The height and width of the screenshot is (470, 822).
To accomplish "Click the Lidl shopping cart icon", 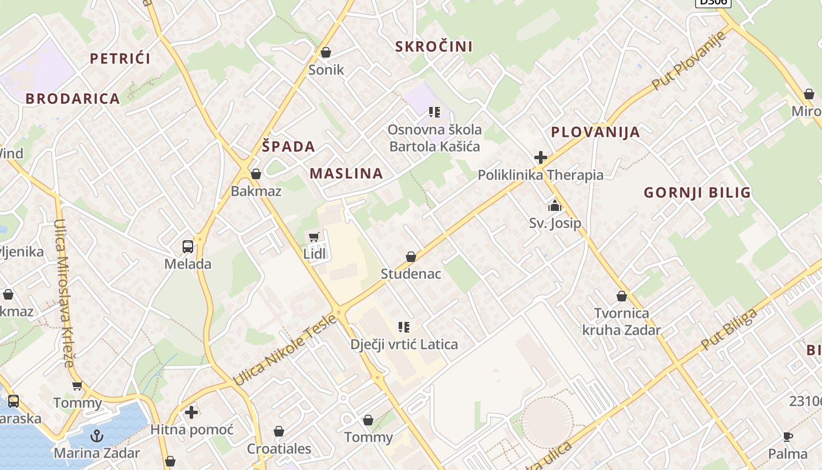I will pyautogui.click(x=314, y=237).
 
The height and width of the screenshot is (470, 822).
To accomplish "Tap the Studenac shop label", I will pyautogui.click(x=411, y=274).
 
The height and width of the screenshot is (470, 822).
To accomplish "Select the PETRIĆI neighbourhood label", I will pyautogui.click(x=120, y=58).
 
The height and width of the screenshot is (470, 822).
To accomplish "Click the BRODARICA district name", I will pyautogui.click(x=73, y=99).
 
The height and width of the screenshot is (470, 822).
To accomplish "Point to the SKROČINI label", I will pyautogui.click(x=434, y=46).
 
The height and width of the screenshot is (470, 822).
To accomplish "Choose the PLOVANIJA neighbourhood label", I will pyautogui.click(x=595, y=132).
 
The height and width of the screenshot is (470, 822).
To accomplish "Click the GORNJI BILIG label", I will pyautogui.click(x=697, y=192).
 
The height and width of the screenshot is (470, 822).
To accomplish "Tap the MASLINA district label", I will pyautogui.click(x=346, y=173).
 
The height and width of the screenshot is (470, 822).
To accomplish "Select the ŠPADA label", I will pyautogui.click(x=288, y=146).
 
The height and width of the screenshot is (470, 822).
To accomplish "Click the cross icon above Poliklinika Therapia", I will pyautogui.click(x=541, y=157).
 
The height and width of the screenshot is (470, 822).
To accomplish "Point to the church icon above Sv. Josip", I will pyautogui.click(x=554, y=206).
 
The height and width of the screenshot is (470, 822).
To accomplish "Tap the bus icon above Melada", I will pyautogui.click(x=188, y=247).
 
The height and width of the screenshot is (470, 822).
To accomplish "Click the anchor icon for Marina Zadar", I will pyautogui.click(x=97, y=436).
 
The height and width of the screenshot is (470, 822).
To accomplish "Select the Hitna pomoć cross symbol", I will pyautogui.click(x=191, y=412).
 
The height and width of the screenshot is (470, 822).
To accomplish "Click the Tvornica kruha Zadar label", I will pyautogui.click(x=621, y=321).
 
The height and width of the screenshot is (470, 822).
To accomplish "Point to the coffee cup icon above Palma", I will pyautogui.click(x=788, y=437).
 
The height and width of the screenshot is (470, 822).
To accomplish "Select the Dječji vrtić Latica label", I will pyautogui.click(x=404, y=344).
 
